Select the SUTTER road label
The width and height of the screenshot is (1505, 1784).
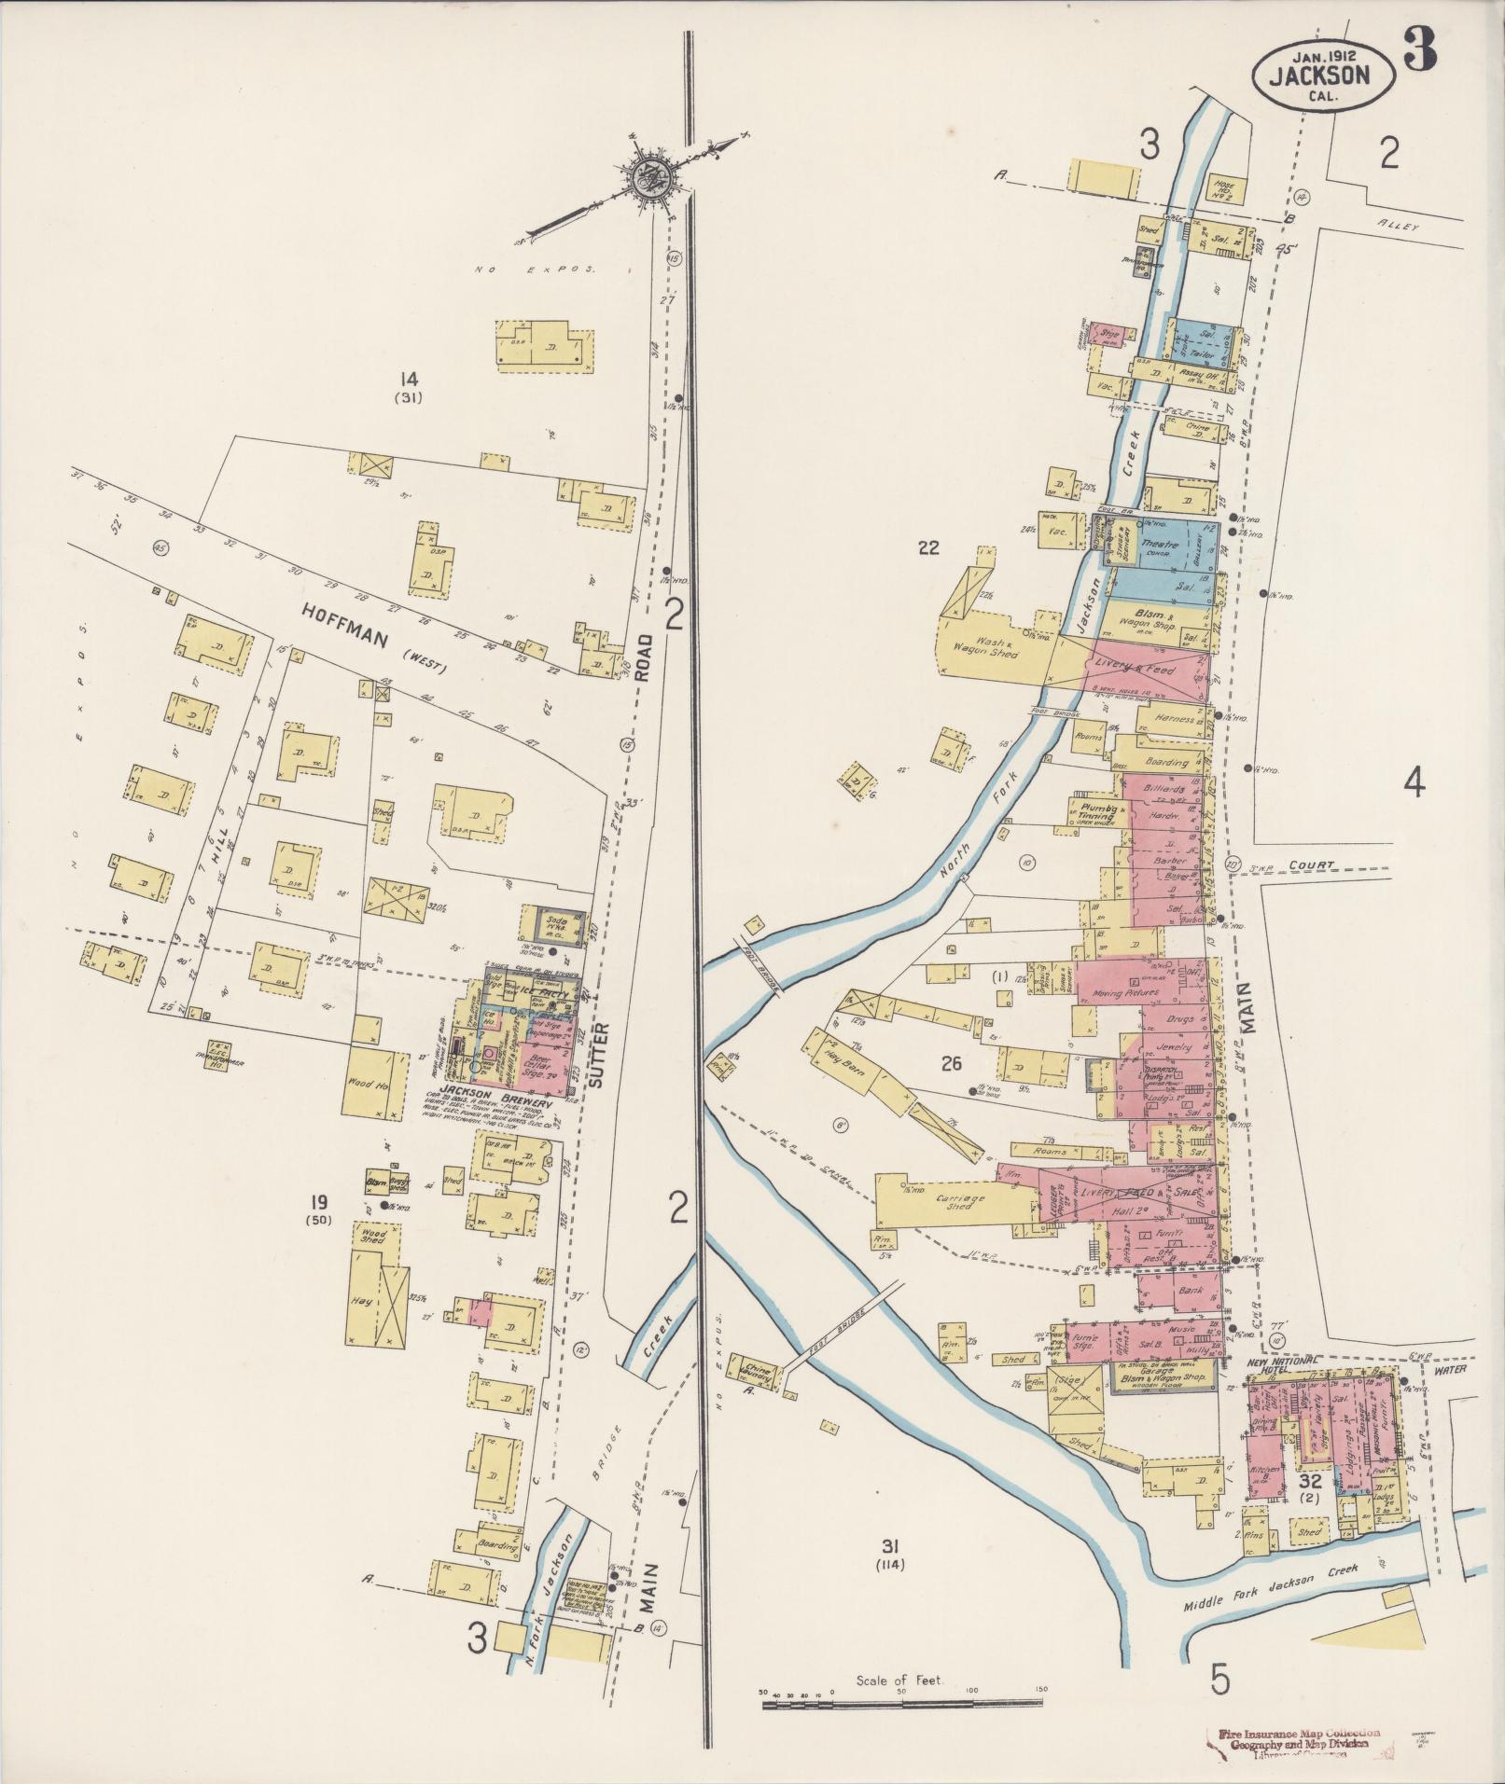coord(598,1055)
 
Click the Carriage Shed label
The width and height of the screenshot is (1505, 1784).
coord(954,1201)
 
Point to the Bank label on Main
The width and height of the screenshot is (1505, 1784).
coord(1189,1293)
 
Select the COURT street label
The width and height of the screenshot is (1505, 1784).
coord(1314,864)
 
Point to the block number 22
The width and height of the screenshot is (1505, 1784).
coord(927,547)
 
